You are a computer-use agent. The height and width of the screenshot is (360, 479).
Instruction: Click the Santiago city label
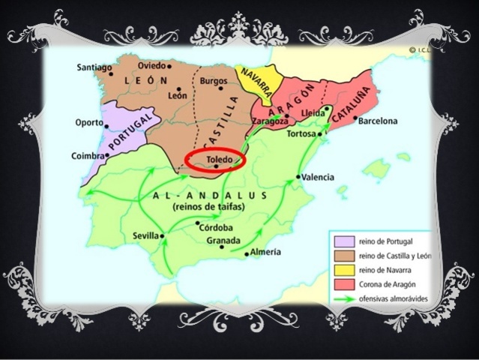94,67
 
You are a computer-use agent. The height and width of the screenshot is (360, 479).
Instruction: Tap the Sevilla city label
145,235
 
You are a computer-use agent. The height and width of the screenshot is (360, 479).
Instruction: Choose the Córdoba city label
217,227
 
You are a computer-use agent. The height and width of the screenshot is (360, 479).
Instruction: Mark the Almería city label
266,252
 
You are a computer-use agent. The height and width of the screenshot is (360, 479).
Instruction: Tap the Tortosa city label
302,135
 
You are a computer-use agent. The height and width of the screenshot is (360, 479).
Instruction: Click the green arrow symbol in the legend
344,298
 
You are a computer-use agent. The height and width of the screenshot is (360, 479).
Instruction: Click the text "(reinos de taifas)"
209,206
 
